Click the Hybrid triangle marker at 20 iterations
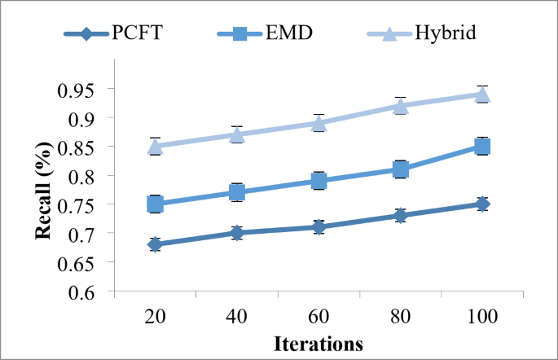point(155,147)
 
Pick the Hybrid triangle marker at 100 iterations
point(482,94)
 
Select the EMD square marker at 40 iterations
point(237,192)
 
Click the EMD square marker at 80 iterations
point(401,169)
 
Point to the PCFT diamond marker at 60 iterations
point(319,227)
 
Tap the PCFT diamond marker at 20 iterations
point(155,244)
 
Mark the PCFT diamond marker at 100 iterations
point(482,204)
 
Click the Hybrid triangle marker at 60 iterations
point(319,123)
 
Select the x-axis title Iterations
point(318,345)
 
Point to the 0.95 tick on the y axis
point(87,89)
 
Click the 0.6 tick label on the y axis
point(92,292)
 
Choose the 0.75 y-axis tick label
point(87,204)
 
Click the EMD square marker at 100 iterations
point(482,147)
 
